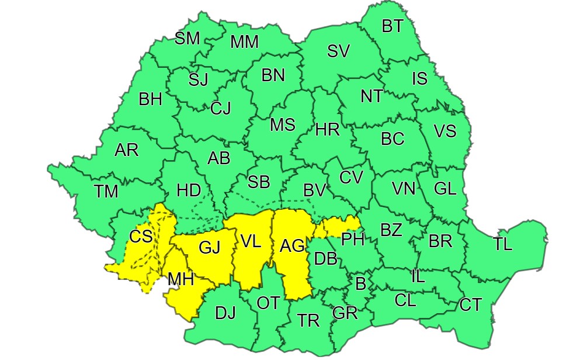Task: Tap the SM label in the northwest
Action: click(187, 39)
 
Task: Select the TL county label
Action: click(502, 244)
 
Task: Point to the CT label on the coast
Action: click(471, 304)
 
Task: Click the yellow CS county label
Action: click(141, 237)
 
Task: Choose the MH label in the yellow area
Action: click(180, 280)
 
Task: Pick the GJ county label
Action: click(209, 248)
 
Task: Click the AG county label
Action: click(292, 247)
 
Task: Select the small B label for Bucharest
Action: click(360, 285)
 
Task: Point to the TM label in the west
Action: click(106, 191)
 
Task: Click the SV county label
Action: click(338, 51)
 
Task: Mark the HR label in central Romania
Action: click(327, 130)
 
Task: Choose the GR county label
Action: click(345, 313)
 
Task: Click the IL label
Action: click(418, 276)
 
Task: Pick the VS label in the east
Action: click(444, 131)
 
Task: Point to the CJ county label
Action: click(221, 108)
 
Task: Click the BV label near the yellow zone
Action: click(314, 190)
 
